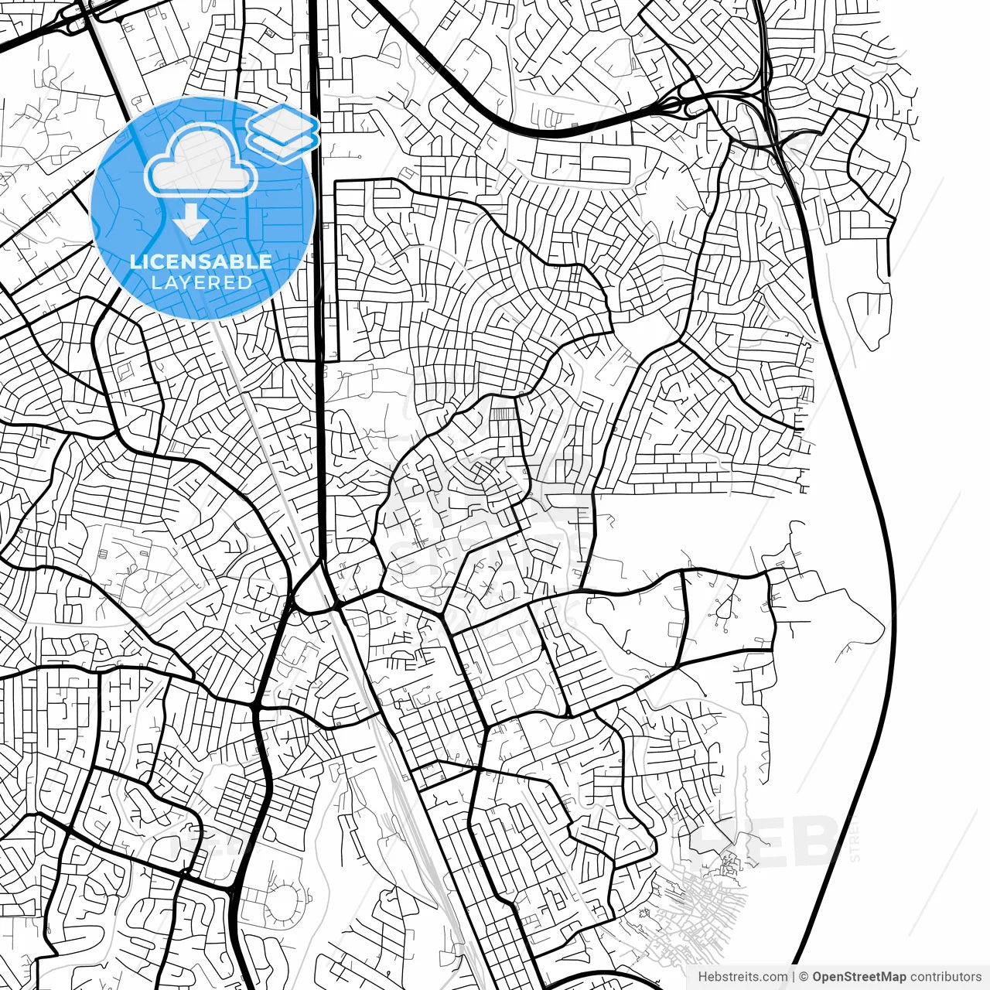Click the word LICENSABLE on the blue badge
[x=200, y=261]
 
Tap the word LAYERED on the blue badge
[x=201, y=282]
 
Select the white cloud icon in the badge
[x=201, y=161]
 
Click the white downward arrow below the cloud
[x=190, y=223]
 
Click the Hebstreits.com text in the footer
[x=742, y=977]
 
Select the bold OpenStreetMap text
[x=859, y=977]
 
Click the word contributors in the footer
[x=945, y=977]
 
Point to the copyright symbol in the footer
[x=804, y=977]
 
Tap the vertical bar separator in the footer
[x=794, y=977]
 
